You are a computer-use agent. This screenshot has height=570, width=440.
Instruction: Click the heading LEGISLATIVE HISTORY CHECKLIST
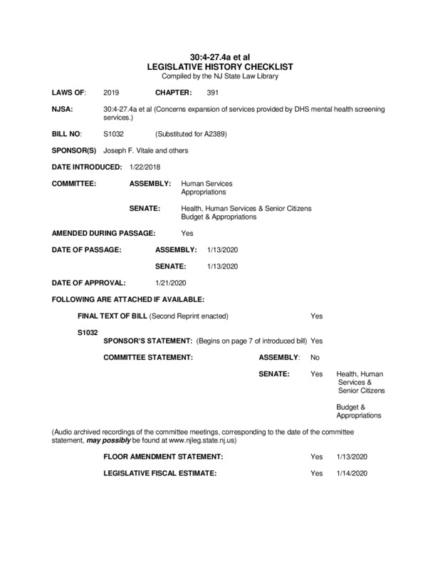[x=220, y=66]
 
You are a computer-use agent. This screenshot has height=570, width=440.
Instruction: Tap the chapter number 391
[x=213, y=93]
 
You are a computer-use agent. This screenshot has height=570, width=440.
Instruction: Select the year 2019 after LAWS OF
[x=112, y=93]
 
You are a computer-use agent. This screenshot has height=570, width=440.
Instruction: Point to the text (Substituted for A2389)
[x=190, y=133]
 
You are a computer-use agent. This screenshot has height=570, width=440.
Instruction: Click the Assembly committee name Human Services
[x=206, y=183]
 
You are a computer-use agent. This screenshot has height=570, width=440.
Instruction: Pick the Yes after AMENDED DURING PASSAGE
[x=187, y=233]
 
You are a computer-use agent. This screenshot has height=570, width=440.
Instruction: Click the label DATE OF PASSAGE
[x=87, y=250]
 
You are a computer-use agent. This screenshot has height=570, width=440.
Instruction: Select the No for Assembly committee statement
[x=315, y=356]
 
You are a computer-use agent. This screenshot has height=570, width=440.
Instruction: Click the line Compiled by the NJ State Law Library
[x=220, y=75]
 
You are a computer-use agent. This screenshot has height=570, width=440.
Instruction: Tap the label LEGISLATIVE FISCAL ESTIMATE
[x=159, y=473]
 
